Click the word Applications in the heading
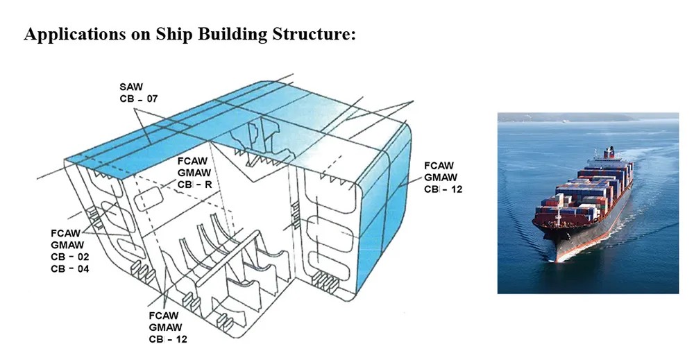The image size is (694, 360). tap(74, 35)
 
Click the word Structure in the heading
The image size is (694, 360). tap(314, 33)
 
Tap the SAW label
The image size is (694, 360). tap(131, 87)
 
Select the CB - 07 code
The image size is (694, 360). tap(139, 98)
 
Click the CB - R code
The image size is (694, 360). tap(195, 185)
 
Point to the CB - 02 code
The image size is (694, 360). tap(70, 257)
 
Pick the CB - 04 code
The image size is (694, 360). tap(70, 268)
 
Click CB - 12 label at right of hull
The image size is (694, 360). tap(443, 189)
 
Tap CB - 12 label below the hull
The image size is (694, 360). tap(168, 339)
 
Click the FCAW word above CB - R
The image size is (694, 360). tap(192, 161)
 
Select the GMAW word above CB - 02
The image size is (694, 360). tap(67, 245)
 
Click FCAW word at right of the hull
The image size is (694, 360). tap(439, 166)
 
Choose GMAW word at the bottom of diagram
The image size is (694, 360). tap(166, 327)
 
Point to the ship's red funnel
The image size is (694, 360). tap(610, 153)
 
